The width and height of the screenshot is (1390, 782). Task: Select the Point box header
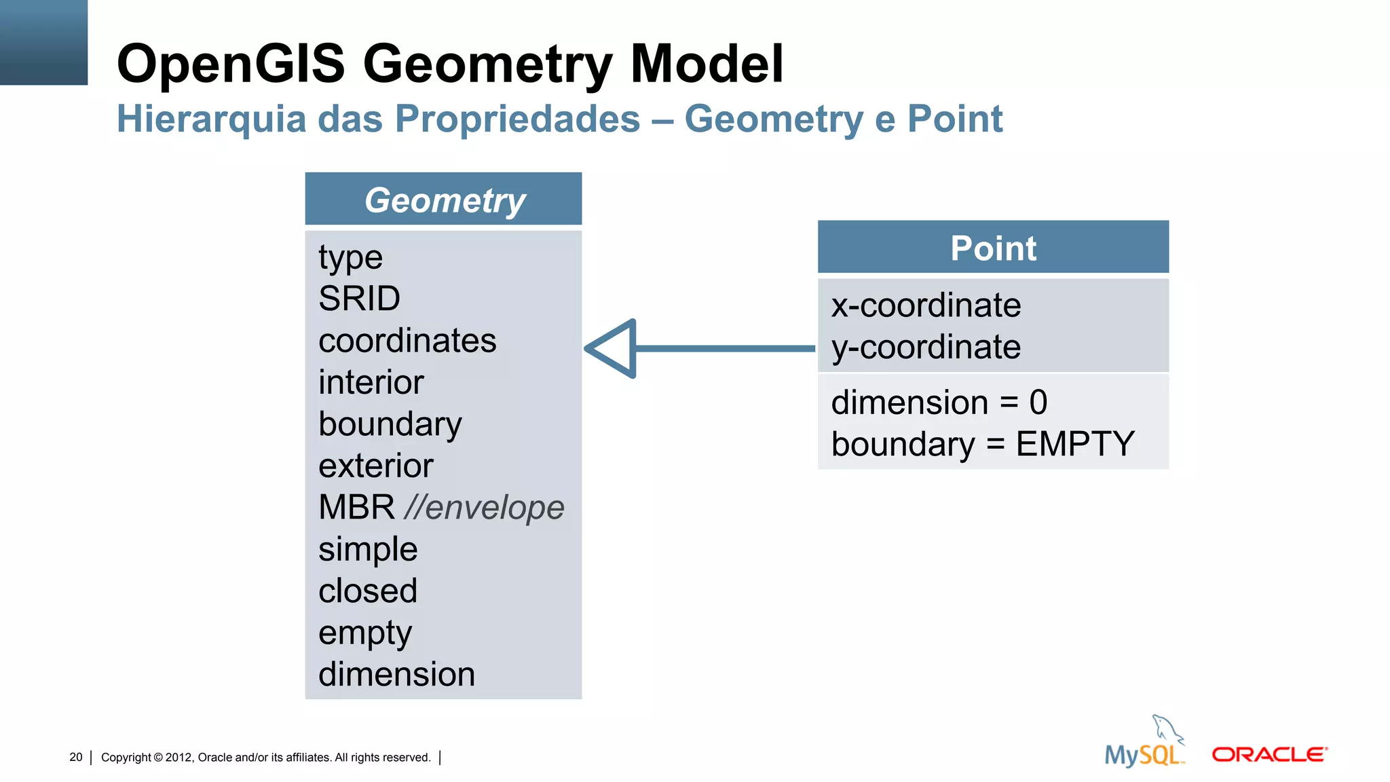pyautogui.click(x=993, y=248)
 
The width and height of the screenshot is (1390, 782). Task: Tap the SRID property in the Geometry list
pyautogui.click(x=359, y=299)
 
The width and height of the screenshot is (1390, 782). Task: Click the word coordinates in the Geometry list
pyautogui.click(x=407, y=341)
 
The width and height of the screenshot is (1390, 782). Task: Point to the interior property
pyautogui.click(x=371, y=382)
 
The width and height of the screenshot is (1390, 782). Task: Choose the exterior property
pyautogui.click(x=375, y=466)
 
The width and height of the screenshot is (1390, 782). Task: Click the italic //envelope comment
pyautogui.click(x=484, y=508)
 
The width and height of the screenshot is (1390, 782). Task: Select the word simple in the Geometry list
pyautogui.click(x=368, y=549)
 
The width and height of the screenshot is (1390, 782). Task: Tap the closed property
pyautogui.click(x=367, y=591)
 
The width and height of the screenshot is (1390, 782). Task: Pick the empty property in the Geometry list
pyautogui.click(x=365, y=633)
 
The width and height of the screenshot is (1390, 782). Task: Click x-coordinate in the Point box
pyautogui.click(x=926, y=305)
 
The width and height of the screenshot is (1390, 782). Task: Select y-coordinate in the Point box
pyautogui.click(x=926, y=348)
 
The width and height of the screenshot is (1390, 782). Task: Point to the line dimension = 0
pyautogui.click(x=939, y=403)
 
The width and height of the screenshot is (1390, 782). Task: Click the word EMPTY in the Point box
pyautogui.click(x=1075, y=444)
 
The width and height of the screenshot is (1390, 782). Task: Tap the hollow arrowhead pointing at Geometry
pyautogui.click(x=614, y=348)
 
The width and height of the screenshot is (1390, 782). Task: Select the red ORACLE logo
pyautogui.click(x=1269, y=754)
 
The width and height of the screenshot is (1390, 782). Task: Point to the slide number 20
pyautogui.click(x=75, y=757)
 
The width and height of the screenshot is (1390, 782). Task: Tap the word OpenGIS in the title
pyautogui.click(x=231, y=64)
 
